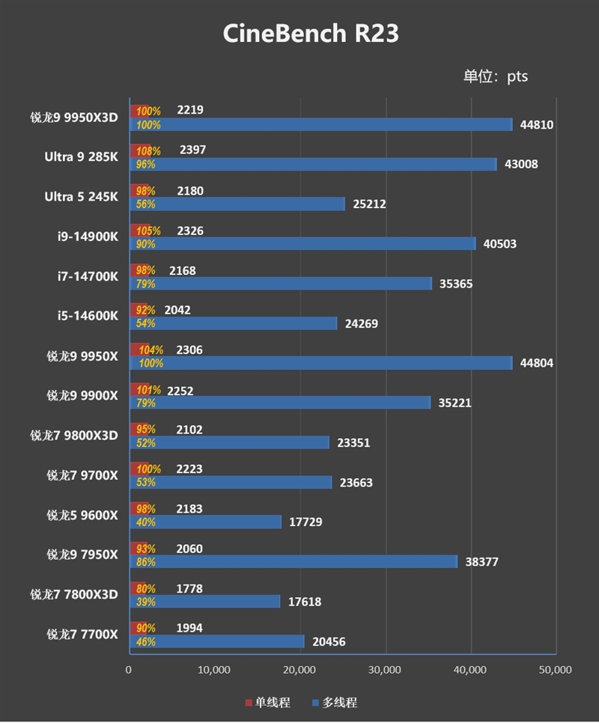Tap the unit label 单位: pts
point(496,76)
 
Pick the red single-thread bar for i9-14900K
point(140,231)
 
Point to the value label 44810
point(537,125)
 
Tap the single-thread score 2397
point(192,150)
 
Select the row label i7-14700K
point(87,276)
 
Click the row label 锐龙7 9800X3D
point(74,436)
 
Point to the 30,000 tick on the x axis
point(385,669)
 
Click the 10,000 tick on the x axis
point(214,669)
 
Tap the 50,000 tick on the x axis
point(555,669)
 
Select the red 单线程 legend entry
point(267,703)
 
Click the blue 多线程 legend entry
point(335,703)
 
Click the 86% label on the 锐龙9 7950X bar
point(145,562)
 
